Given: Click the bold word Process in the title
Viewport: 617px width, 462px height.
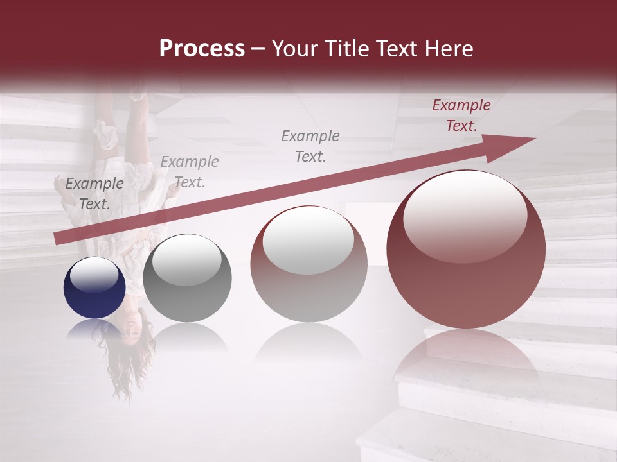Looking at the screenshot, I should coord(202,49).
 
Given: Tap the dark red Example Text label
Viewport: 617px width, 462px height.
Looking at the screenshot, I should coord(461,116).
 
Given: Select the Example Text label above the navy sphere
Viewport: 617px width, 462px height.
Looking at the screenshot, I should coord(94,194).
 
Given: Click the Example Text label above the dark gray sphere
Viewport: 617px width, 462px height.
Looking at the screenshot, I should coord(190,172).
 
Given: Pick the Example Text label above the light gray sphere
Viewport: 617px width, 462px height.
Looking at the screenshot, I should coord(310,146).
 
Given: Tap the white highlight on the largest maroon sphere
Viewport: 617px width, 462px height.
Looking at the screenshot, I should coord(465,215).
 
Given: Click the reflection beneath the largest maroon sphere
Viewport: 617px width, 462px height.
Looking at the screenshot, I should coord(466,359).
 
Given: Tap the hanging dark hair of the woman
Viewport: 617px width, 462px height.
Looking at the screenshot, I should coord(125,366).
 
